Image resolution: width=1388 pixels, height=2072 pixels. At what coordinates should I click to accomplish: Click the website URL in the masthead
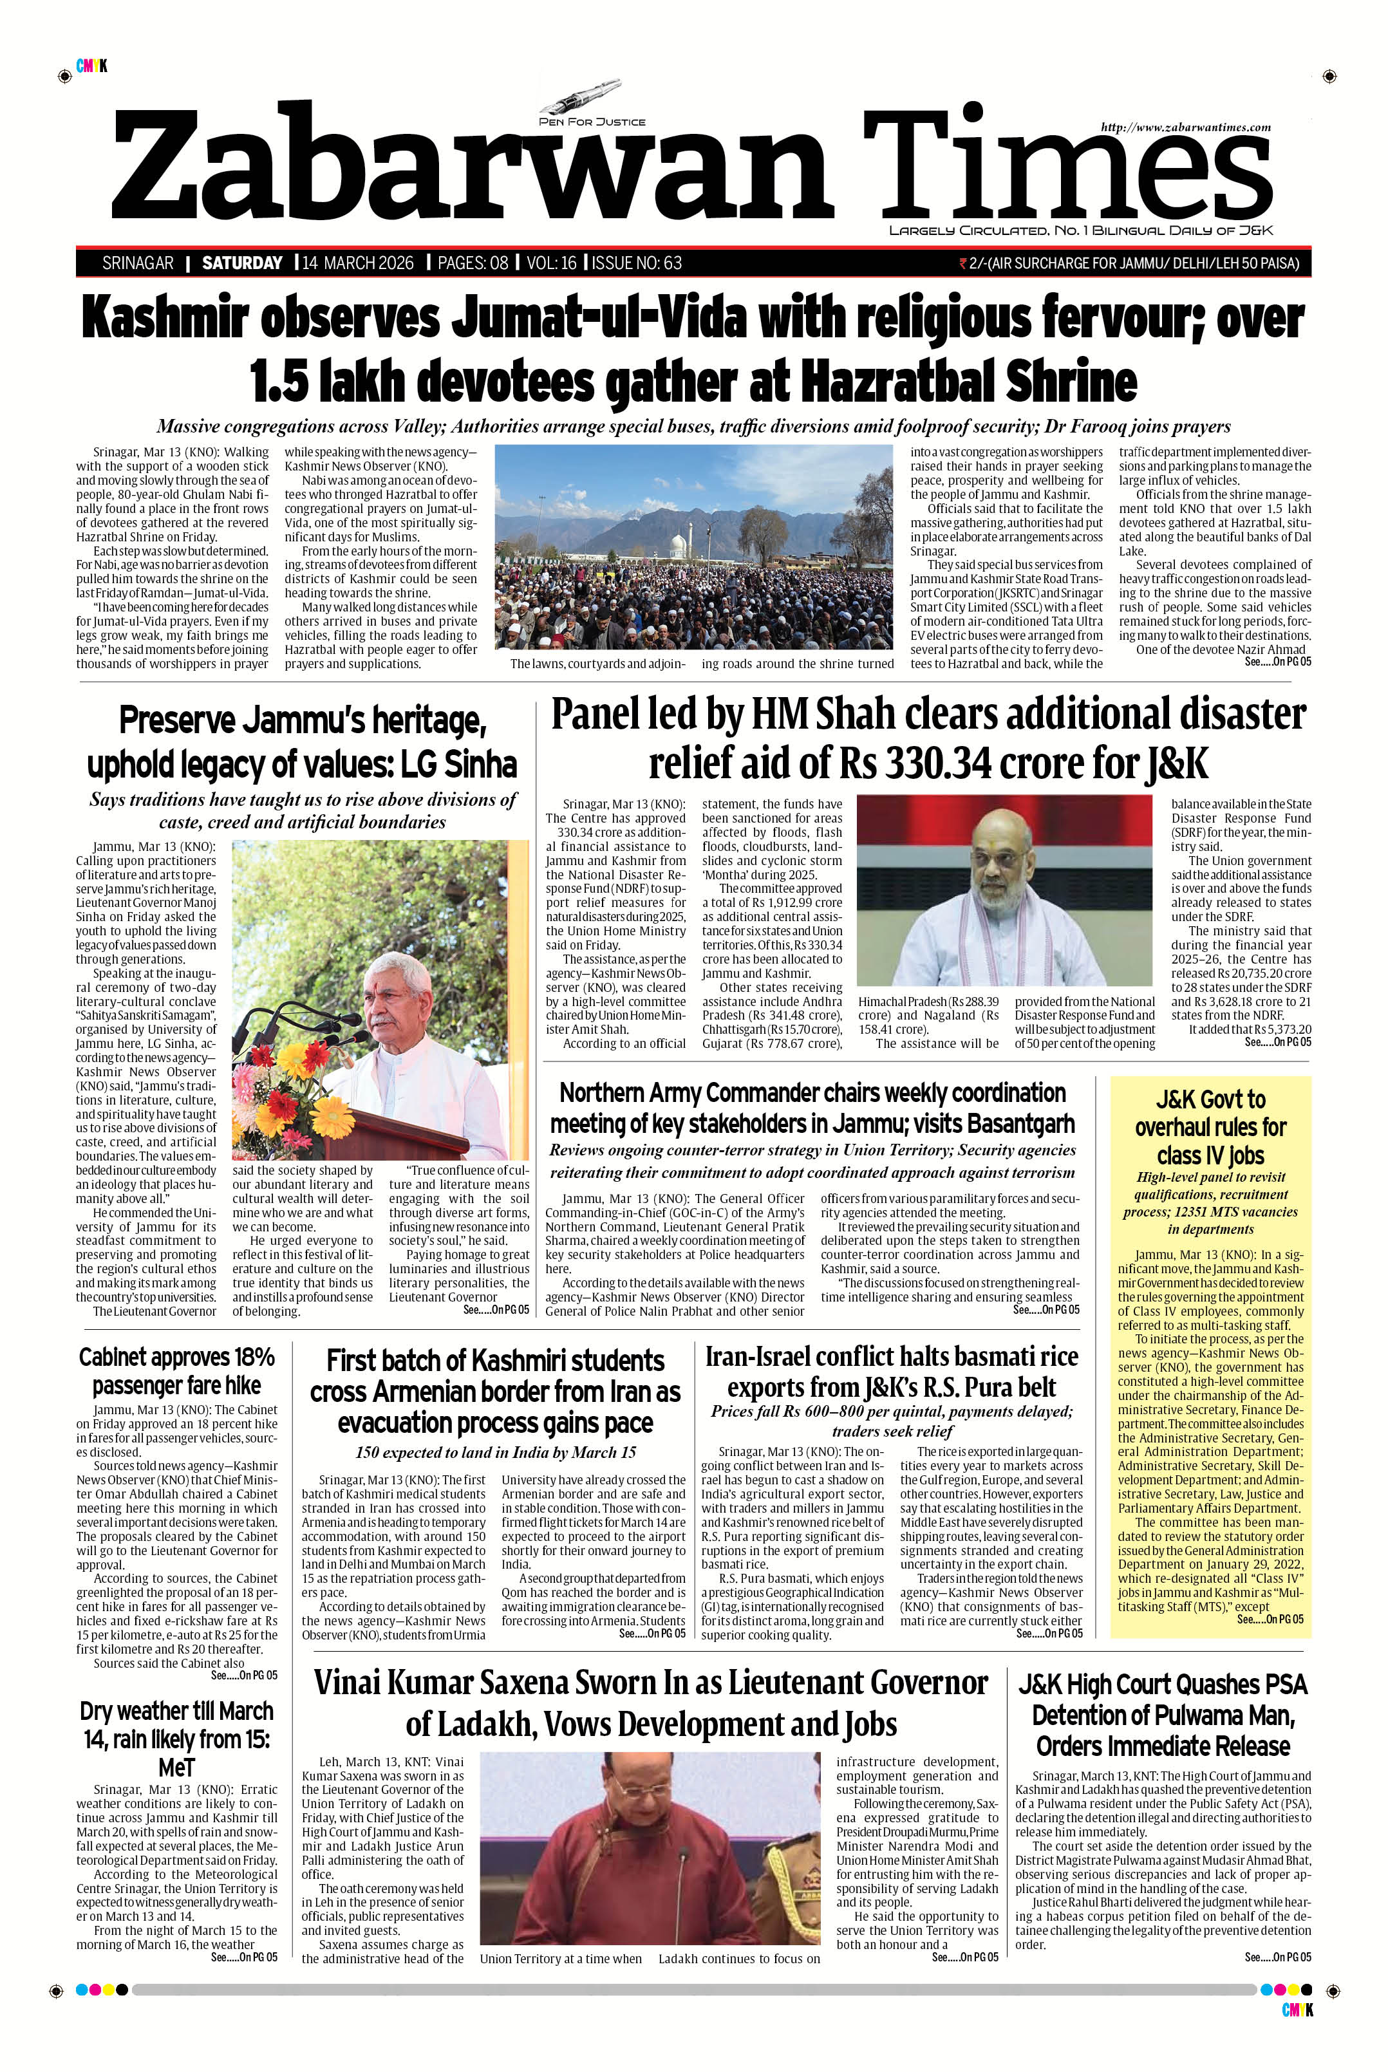click(x=1185, y=127)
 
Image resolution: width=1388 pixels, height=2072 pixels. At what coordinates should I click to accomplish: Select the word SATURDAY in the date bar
click(x=241, y=263)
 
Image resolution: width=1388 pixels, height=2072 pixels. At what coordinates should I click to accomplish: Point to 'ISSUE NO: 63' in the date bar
click(x=637, y=263)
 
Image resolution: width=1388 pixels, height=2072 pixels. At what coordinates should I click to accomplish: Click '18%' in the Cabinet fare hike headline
click(x=248, y=1357)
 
